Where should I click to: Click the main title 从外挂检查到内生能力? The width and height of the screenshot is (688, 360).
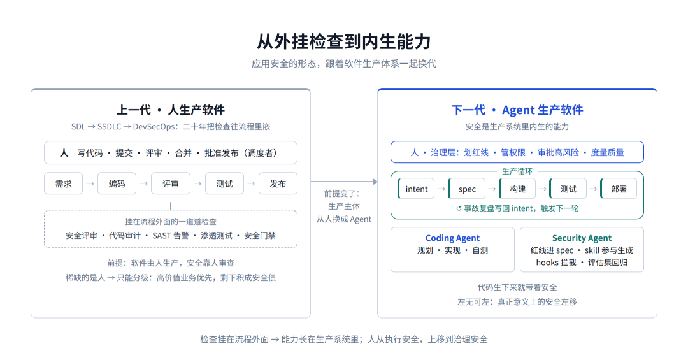click(344, 41)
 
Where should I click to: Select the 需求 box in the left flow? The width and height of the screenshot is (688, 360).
click(63, 184)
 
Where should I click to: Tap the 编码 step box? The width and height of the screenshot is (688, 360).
click(117, 184)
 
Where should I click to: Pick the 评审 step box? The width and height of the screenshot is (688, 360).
click(171, 184)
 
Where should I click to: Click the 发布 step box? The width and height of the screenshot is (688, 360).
click(278, 184)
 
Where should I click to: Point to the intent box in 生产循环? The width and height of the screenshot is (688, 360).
click(416, 189)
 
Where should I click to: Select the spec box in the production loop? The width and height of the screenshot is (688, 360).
click(467, 189)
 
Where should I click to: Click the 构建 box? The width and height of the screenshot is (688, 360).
click(518, 189)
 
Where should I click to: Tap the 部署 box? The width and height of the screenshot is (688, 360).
click(619, 189)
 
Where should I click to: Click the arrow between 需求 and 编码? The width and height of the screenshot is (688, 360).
click(90, 184)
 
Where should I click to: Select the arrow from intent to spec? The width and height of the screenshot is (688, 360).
click(441, 189)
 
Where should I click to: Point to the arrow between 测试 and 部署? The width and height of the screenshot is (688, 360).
click(593, 189)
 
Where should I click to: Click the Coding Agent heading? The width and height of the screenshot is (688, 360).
click(452, 238)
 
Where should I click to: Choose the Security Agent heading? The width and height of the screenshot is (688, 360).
click(582, 238)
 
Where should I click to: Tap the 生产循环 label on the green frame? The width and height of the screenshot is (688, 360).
click(517, 171)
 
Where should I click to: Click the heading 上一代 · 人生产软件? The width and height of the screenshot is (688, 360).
click(171, 110)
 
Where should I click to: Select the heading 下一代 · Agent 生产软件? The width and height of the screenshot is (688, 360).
click(517, 110)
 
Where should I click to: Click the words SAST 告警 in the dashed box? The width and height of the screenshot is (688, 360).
click(171, 236)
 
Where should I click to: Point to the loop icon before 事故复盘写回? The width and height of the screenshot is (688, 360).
click(459, 208)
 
